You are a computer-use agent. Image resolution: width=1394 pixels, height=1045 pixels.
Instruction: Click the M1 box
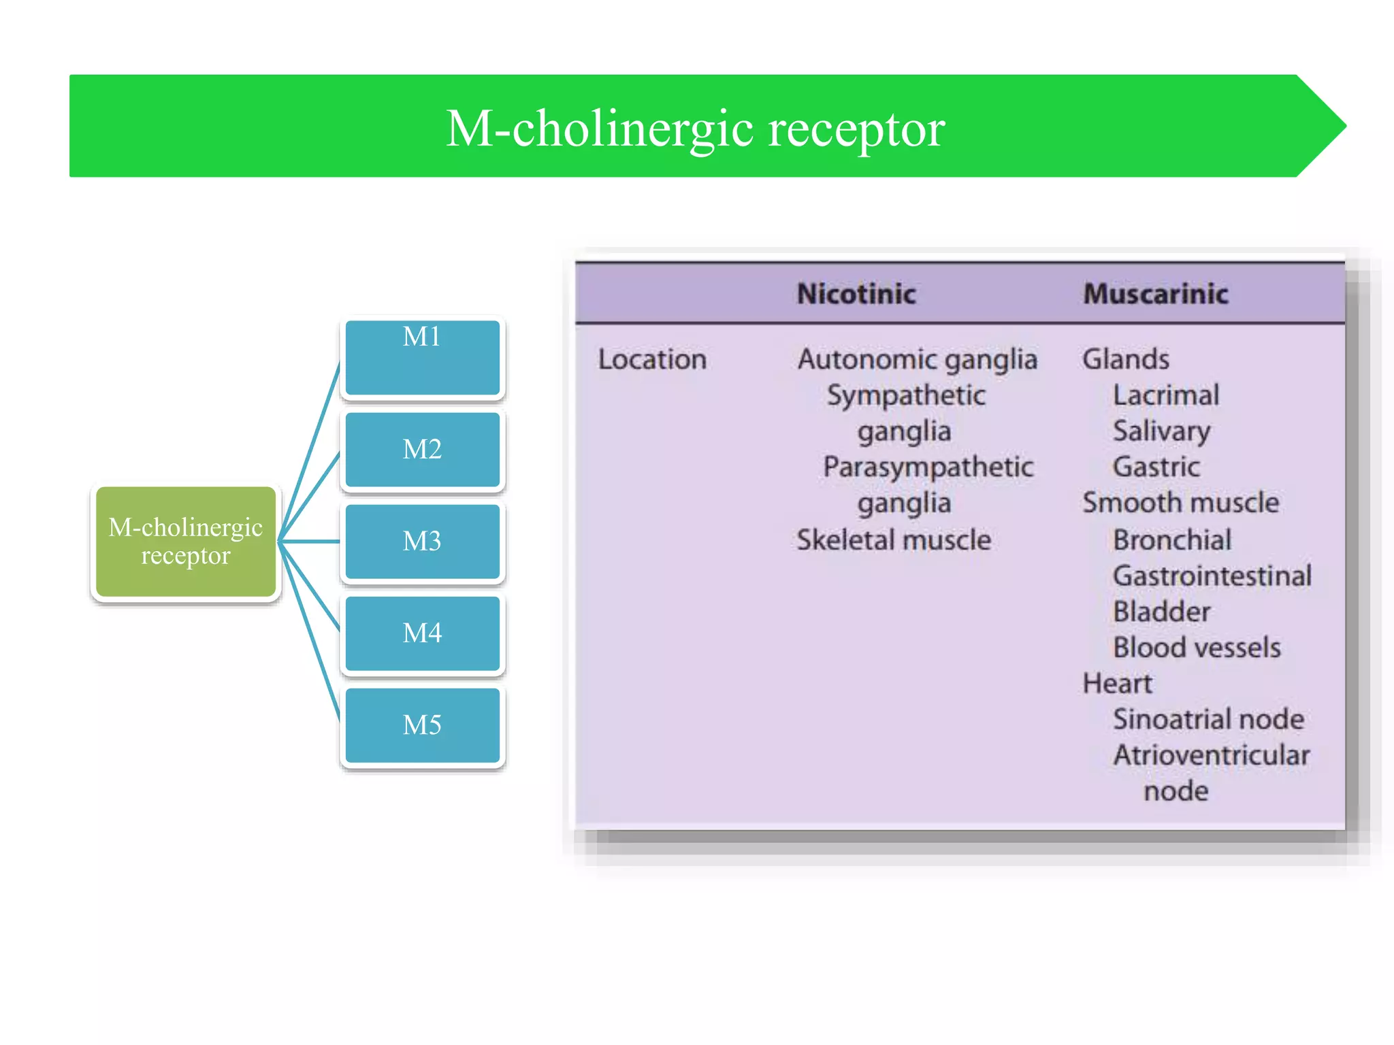(422, 357)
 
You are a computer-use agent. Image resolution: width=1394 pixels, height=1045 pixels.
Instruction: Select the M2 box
(422, 450)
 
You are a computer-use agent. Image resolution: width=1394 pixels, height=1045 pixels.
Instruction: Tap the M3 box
(422, 542)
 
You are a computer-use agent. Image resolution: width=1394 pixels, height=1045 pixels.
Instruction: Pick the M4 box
(422, 633)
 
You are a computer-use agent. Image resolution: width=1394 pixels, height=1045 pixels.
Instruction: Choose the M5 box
(422, 725)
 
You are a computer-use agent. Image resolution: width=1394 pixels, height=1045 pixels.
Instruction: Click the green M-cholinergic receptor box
(185, 542)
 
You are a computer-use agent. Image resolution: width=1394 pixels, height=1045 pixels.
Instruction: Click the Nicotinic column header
(856, 294)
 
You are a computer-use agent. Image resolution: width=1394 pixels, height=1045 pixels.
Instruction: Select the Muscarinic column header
(1155, 294)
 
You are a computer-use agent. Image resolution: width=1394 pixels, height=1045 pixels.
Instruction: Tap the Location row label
(651, 359)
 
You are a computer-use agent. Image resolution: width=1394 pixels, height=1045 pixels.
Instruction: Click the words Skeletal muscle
(893, 540)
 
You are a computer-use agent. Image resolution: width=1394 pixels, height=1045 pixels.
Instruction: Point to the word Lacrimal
(1165, 395)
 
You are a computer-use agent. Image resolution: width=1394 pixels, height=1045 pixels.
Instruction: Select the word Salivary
(1161, 431)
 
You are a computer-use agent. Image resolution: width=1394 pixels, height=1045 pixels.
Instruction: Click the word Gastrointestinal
(1212, 576)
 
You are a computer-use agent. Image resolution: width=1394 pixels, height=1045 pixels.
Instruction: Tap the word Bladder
(1161, 612)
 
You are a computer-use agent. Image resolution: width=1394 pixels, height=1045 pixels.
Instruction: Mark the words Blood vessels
(1196, 648)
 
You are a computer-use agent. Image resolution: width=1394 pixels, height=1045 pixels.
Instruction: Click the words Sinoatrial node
(1208, 719)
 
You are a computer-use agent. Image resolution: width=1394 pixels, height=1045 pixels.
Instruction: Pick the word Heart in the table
(1117, 684)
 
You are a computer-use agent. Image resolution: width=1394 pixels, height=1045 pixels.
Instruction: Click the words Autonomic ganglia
(917, 359)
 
